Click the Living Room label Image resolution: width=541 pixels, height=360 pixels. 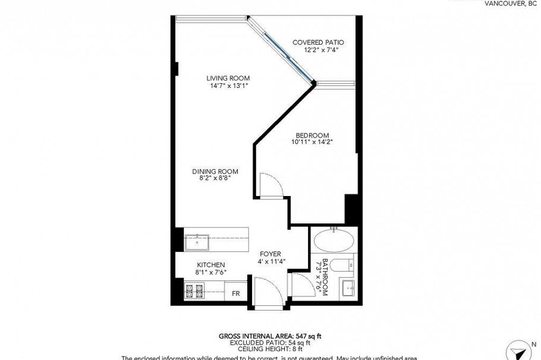pyautogui.click(x=228, y=78)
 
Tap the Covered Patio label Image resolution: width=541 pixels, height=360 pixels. pyautogui.click(x=318, y=42)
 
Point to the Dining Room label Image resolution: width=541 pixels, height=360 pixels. pyautogui.click(x=211, y=172)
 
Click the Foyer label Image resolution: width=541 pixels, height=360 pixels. pyautogui.click(x=270, y=254)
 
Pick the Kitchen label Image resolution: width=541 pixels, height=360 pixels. pyautogui.click(x=211, y=265)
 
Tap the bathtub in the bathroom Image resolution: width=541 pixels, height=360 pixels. pyautogui.click(x=334, y=241)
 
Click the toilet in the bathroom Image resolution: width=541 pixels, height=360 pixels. pyautogui.click(x=343, y=265)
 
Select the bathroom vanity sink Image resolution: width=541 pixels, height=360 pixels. pyautogui.click(x=348, y=289)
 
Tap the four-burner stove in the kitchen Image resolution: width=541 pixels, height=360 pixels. pyautogui.click(x=195, y=292)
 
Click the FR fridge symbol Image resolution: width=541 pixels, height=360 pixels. pyautogui.click(x=235, y=293)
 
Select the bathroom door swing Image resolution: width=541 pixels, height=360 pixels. pyautogui.click(x=300, y=284)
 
